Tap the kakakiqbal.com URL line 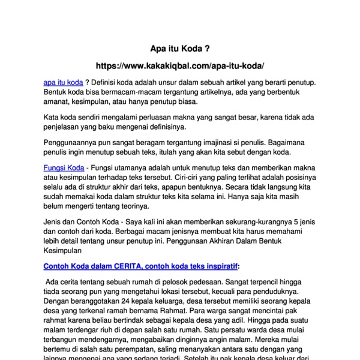180,65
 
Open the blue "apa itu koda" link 63,82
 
